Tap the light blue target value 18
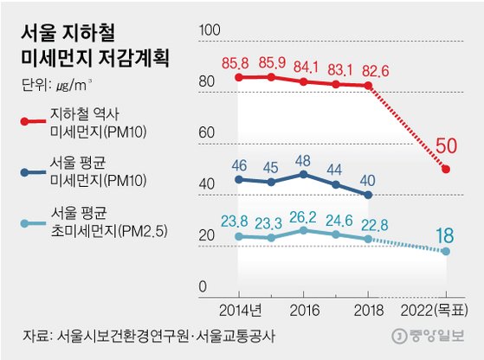(x=446, y=235)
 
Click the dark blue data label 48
(x=302, y=159)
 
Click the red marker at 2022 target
(x=446, y=169)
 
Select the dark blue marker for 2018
(x=369, y=196)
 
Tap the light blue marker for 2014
(x=238, y=235)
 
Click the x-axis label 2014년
(x=238, y=310)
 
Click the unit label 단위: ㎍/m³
(x=53, y=85)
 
